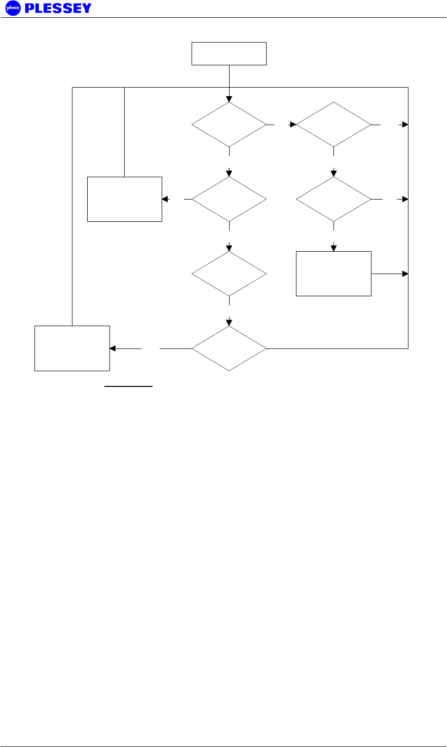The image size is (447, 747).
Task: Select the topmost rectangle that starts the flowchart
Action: (229, 54)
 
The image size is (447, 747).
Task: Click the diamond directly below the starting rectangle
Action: (229, 125)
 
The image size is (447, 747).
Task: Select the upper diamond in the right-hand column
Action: (333, 125)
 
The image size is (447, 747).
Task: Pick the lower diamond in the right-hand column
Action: (333, 199)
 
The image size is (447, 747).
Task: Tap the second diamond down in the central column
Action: (229, 199)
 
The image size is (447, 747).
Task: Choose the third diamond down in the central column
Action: (229, 274)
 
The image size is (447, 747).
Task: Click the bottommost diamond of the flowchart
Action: (229, 348)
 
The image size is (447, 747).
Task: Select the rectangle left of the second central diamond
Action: (124, 199)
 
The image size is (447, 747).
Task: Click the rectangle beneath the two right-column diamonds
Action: (333, 273)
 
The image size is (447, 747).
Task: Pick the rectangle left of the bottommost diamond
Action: (72, 348)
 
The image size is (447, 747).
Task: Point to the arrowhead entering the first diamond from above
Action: (229, 99)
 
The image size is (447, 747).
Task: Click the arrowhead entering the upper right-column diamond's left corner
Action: (293, 124)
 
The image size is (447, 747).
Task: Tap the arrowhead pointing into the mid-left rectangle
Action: (165, 199)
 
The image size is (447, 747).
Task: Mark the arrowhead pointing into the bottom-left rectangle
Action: (113, 348)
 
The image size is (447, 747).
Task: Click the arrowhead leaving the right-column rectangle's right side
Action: (405, 273)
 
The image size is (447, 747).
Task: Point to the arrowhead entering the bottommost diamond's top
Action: (229, 323)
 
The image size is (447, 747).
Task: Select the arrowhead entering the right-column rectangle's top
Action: (333, 248)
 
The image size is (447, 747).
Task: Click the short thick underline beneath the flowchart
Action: (128, 386)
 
